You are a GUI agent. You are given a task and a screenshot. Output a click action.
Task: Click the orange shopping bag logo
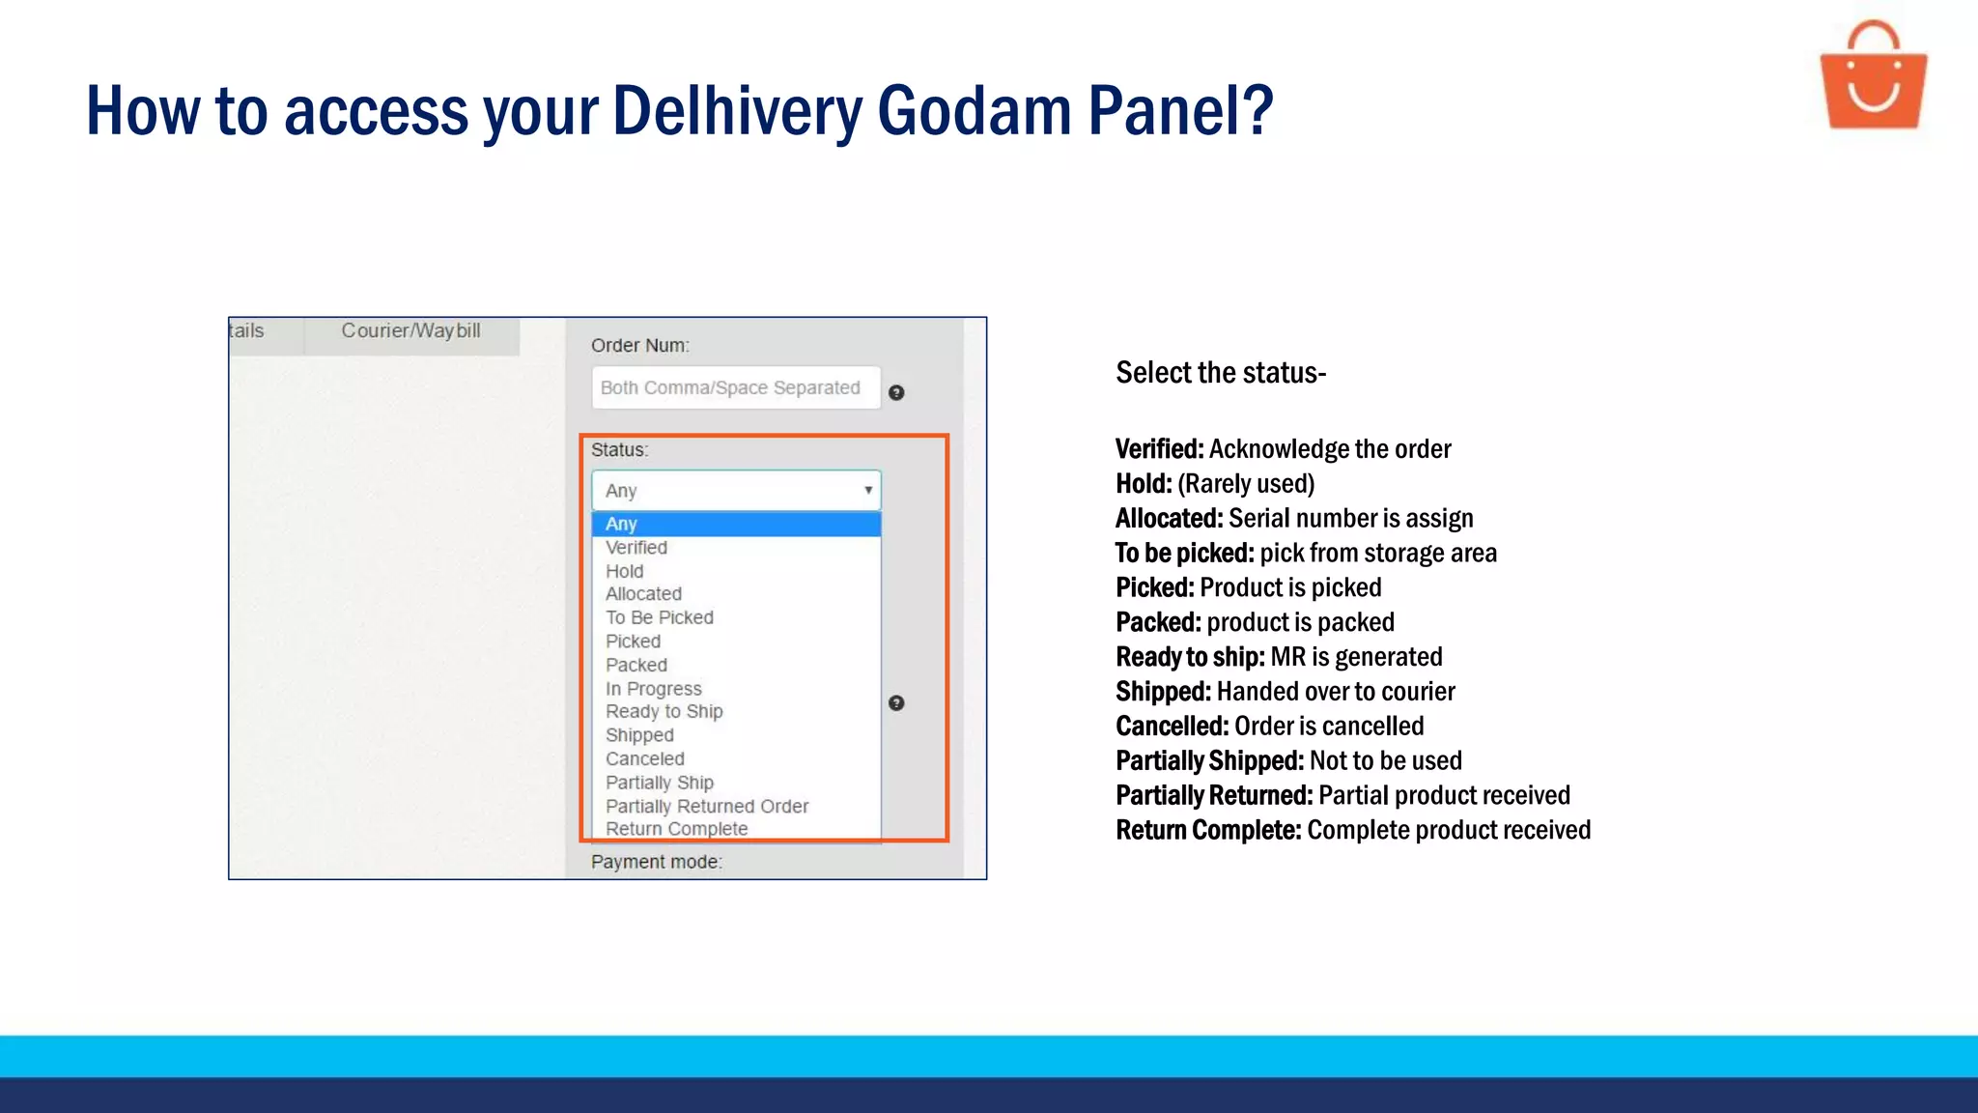1873,77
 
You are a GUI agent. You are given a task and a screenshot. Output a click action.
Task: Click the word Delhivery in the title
737,111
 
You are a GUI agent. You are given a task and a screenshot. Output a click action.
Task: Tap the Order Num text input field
736,387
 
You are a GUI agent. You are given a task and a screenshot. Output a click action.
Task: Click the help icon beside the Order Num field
896,392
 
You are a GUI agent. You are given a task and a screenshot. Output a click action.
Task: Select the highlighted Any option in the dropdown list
621,524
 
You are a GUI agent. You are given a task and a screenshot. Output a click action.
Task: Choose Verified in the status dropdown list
636,548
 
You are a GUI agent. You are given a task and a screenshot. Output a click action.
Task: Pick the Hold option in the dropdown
625,571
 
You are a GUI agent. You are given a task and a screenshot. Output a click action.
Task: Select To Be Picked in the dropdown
660,617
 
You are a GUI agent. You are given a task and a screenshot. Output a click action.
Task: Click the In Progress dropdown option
654,689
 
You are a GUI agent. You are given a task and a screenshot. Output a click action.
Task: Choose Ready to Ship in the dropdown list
664,712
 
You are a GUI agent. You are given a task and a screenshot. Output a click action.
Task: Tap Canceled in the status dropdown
645,759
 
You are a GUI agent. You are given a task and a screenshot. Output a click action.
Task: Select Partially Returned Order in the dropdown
707,806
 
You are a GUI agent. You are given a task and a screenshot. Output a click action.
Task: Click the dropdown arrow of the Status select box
868,491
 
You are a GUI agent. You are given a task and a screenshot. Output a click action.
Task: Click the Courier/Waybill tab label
410,330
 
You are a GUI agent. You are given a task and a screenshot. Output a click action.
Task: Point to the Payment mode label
657,862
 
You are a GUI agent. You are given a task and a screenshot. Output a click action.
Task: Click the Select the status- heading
1221,373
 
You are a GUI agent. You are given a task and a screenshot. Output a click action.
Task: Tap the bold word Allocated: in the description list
1169,519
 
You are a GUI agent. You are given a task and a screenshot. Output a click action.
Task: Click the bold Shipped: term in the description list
1163,692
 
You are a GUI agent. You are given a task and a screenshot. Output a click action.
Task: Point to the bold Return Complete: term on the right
1208,831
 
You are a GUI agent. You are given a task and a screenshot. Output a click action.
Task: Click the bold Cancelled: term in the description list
1172,727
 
